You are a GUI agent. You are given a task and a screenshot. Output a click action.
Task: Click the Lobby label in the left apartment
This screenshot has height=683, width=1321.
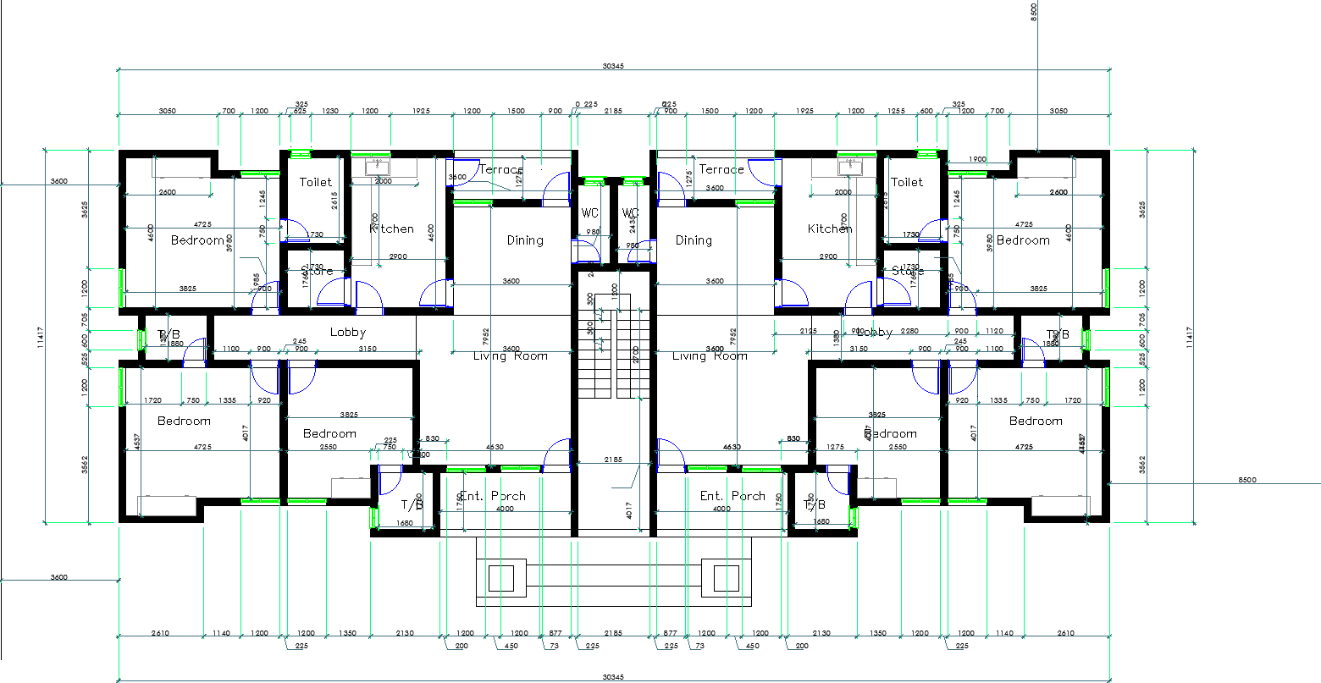tap(347, 333)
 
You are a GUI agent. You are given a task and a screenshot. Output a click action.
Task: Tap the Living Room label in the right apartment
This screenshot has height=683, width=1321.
tap(710, 356)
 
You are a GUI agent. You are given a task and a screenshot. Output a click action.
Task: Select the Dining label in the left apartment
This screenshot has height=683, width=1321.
tap(525, 240)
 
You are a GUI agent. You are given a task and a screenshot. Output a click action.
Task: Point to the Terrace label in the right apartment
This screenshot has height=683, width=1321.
tap(721, 169)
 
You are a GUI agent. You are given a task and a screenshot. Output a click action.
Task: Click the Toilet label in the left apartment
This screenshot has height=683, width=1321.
tap(316, 182)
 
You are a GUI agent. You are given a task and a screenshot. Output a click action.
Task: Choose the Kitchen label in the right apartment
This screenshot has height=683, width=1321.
tap(830, 229)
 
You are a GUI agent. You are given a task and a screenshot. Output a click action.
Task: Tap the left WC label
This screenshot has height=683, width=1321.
tap(590, 213)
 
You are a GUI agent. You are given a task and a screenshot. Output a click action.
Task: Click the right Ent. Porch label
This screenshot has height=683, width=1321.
tap(732, 496)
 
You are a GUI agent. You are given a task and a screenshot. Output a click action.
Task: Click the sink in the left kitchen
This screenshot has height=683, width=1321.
tap(376, 167)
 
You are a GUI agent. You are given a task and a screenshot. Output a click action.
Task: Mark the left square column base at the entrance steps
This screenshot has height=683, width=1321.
tap(501, 579)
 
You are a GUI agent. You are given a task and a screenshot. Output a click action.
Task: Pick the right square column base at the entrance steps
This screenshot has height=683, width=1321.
tap(726, 579)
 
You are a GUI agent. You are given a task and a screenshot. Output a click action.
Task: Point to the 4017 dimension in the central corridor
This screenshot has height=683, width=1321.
tap(629, 510)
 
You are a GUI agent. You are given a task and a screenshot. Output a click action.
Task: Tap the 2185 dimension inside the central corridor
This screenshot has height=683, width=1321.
tap(612, 459)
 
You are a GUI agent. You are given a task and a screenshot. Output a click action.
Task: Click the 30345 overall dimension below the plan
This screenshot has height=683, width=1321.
tap(613, 677)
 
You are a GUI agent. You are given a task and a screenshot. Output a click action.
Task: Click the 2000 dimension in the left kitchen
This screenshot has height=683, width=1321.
tap(384, 181)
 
